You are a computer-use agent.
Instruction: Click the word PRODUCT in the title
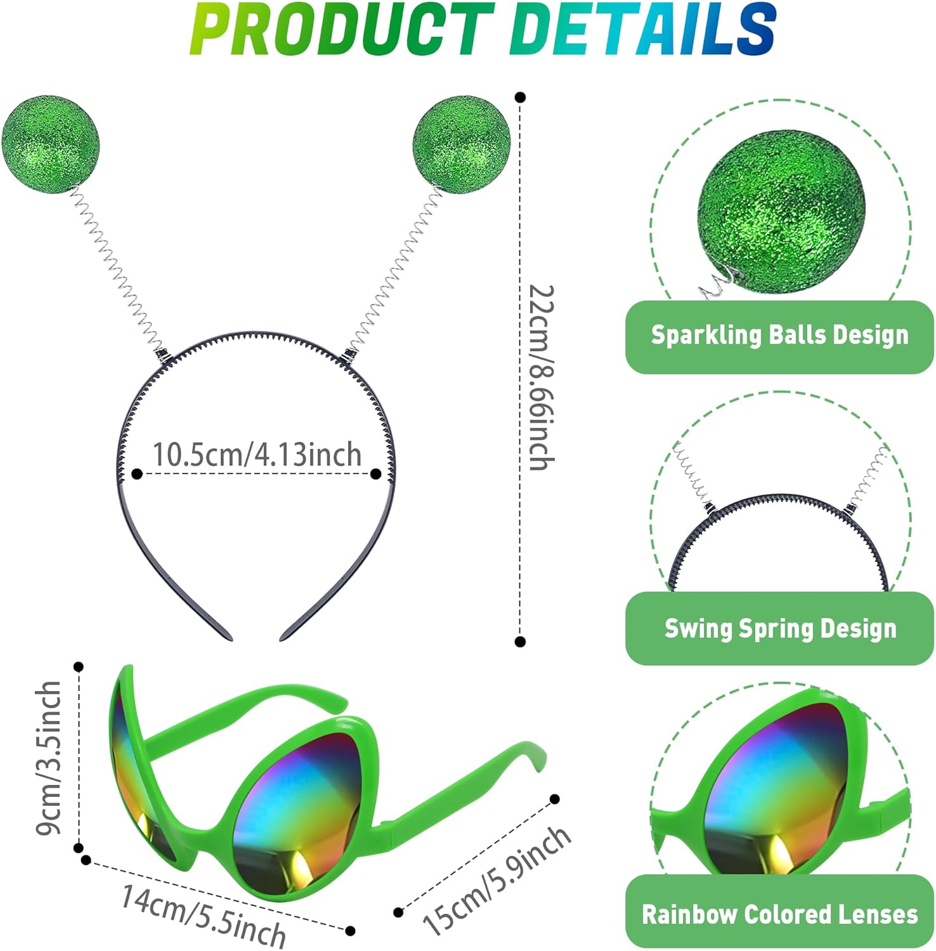(342, 30)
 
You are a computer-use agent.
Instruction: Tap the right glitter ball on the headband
(461, 145)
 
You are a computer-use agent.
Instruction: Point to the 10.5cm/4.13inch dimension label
(257, 455)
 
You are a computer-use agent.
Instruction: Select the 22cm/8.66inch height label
(542, 377)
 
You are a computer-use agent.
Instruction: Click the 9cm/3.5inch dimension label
(49, 758)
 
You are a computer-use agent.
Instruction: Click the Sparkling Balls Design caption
(779, 335)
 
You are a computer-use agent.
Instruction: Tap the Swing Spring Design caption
(780, 628)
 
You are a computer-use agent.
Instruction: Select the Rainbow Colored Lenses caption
(780, 914)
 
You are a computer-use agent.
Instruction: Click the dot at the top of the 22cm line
(521, 98)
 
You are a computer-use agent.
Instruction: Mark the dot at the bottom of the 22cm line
(521, 642)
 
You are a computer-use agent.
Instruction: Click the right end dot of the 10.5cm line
(376, 474)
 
